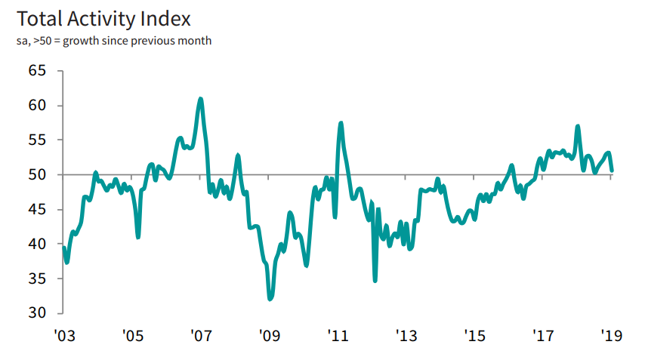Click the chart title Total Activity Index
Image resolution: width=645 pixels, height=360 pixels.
[x=103, y=18]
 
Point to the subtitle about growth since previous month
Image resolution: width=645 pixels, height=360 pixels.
[x=113, y=40]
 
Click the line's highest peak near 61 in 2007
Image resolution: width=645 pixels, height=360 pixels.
[x=200, y=99]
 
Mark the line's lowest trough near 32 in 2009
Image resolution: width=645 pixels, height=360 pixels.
[x=270, y=299]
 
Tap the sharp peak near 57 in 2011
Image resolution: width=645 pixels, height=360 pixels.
[x=341, y=123]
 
